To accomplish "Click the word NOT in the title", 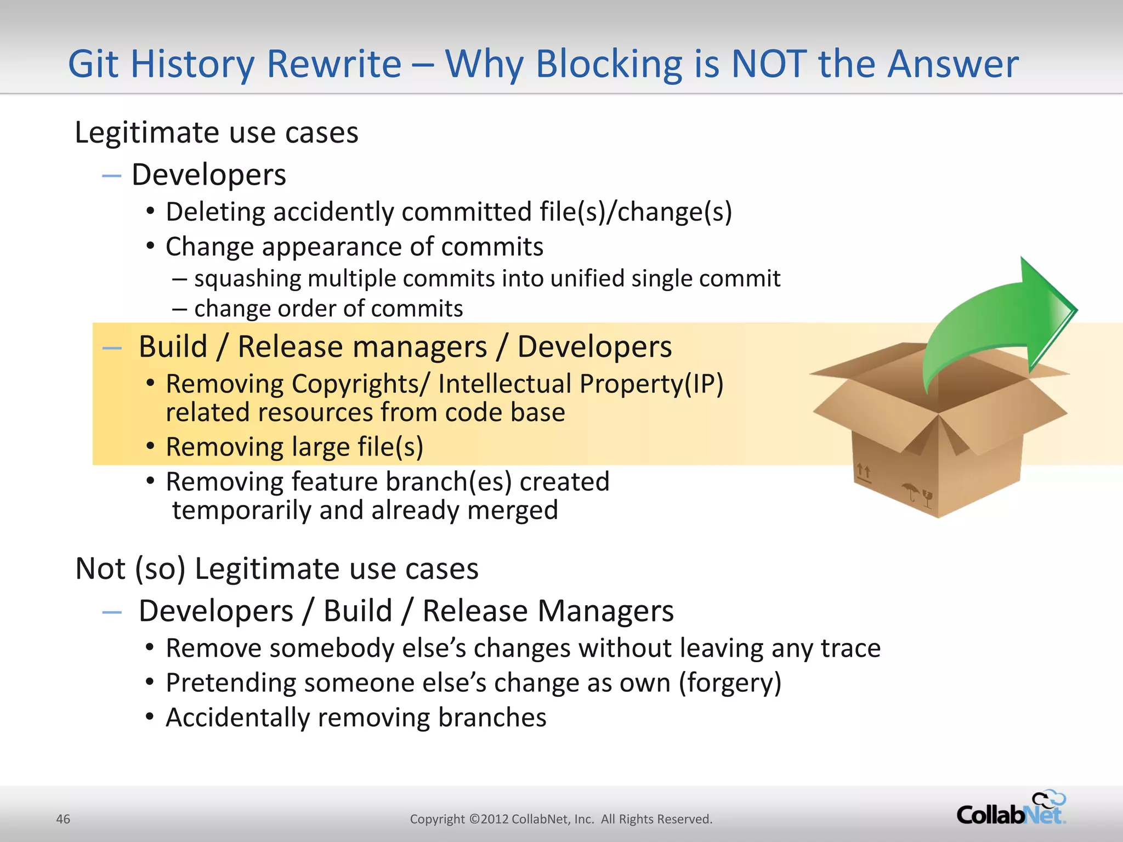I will pos(769,65).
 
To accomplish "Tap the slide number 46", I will pos(63,819).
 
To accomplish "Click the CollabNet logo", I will pos(1011,810).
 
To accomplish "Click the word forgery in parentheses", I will pos(730,683).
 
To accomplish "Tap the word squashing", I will pos(247,279).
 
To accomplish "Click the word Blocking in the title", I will pos(609,65).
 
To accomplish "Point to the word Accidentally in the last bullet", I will pos(237,718).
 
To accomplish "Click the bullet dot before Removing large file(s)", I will pos(150,446).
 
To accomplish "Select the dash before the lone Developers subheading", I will pos(111,176).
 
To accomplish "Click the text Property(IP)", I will pos(651,384).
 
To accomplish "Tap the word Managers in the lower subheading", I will pos(604,611).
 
